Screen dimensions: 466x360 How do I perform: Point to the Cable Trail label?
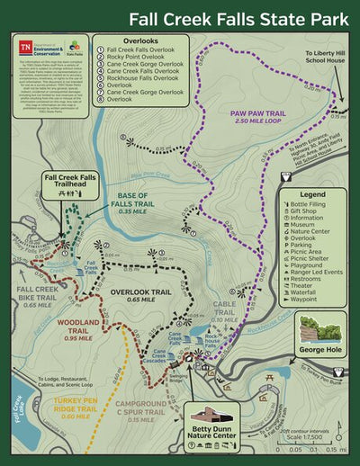224,310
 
